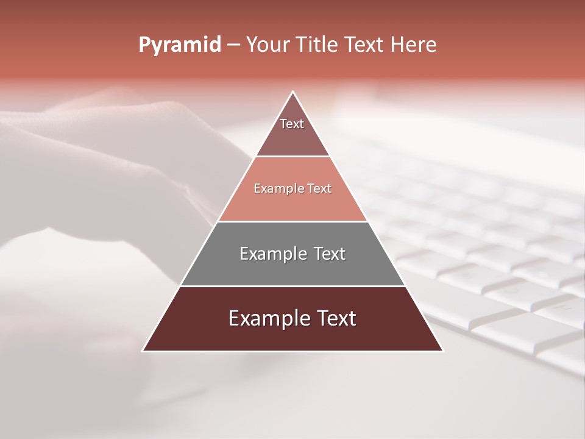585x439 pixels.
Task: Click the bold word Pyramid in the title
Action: [180, 45]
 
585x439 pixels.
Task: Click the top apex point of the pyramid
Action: [293, 92]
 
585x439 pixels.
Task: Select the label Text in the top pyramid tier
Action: [292, 124]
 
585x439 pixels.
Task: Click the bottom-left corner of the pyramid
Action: [143, 351]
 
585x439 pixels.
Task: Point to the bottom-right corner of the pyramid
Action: [442, 351]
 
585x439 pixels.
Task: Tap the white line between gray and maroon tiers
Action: [292, 286]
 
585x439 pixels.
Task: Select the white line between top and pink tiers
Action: [292, 157]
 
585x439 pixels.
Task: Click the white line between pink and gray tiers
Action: [292, 221]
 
